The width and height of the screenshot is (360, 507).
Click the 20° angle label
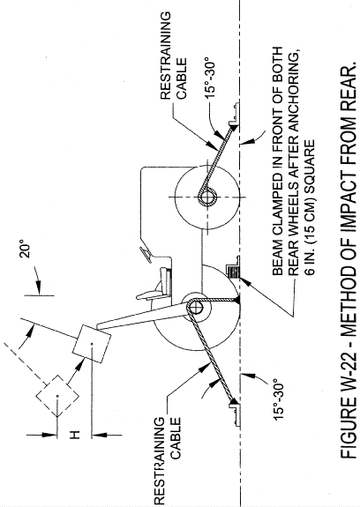point(25,249)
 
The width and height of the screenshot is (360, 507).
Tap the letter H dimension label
point(75,436)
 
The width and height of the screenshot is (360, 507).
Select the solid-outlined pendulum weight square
point(91,344)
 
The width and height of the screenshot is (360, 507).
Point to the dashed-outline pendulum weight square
point(57,396)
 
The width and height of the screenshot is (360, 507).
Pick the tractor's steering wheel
point(146,255)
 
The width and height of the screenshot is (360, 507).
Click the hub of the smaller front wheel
point(207,197)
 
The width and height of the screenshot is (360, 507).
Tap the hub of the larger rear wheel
point(195,309)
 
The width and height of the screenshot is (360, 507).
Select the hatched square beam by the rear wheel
point(234,271)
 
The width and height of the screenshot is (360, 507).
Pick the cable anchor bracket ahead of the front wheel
point(235,114)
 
